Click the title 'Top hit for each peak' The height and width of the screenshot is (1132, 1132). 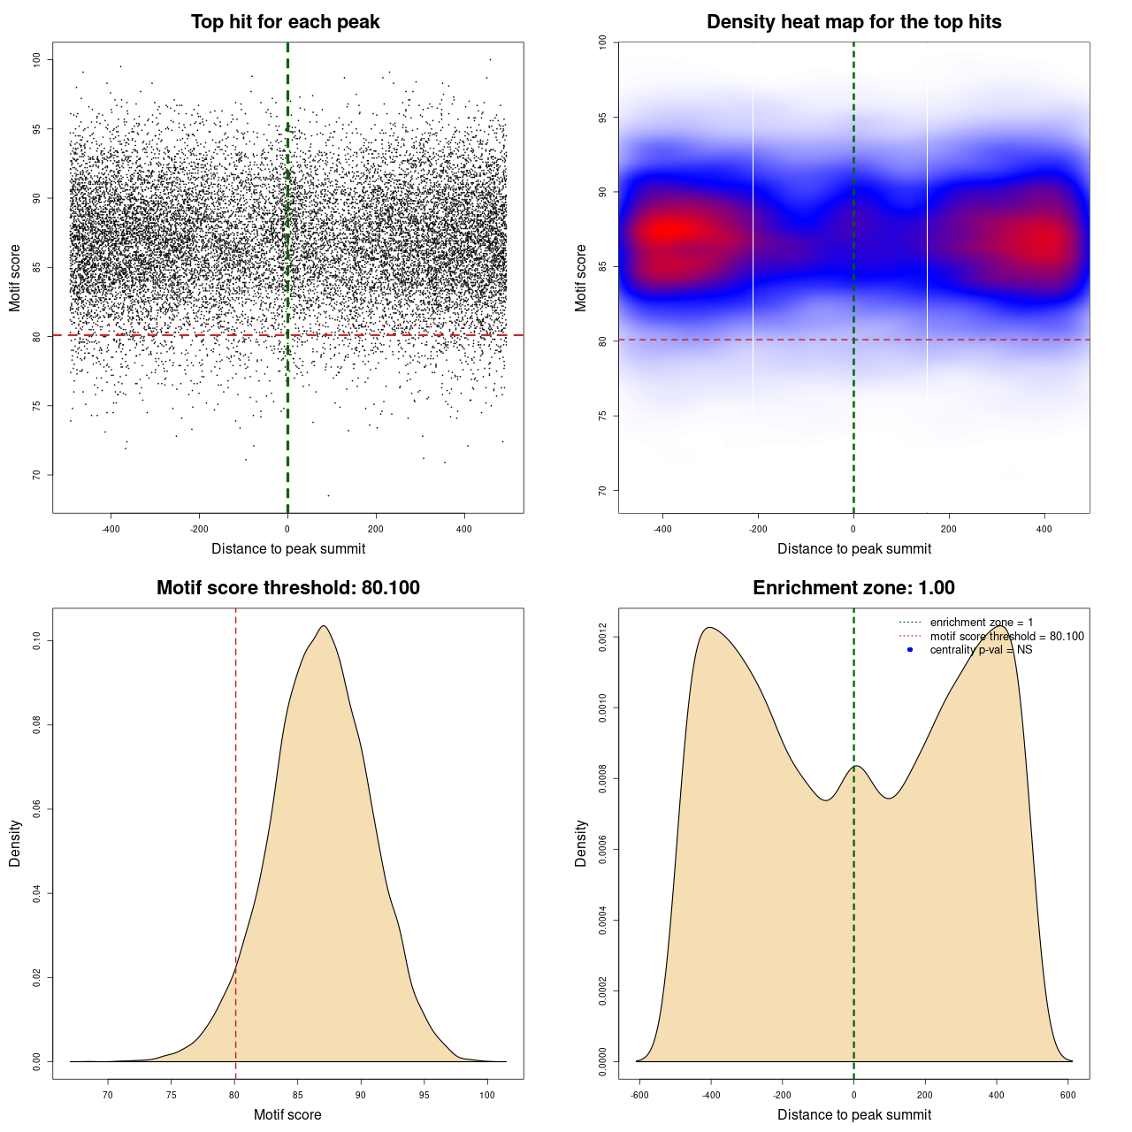[x=285, y=22]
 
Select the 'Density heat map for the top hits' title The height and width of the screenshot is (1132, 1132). [x=853, y=22]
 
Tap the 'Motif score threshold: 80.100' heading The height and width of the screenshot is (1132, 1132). [x=287, y=588]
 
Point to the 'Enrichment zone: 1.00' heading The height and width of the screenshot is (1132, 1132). [x=853, y=588]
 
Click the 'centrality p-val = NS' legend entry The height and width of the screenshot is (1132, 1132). [x=981, y=650]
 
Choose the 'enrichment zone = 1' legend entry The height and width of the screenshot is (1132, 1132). [x=981, y=623]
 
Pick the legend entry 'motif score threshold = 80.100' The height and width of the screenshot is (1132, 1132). [x=1006, y=637]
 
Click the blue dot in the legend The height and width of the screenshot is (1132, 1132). [x=910, y=650]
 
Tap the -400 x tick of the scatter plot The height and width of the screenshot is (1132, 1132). [x=111, y=530]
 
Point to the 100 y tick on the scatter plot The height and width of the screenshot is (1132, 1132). [x=36, y=59]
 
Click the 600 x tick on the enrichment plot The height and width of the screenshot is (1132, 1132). [x=1067, y=1096]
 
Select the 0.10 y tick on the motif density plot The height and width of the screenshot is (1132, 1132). [x=36, y=640]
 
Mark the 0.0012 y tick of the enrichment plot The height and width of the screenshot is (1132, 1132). [x=602, y=638]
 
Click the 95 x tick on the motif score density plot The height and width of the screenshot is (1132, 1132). [x=424, y=1096]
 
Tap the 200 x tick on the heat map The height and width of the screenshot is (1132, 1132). [x=949, y=530]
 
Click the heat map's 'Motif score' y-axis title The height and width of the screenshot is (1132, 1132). [x=581, y=278]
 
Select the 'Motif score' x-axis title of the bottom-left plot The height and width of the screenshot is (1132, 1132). [x=287, y=1115]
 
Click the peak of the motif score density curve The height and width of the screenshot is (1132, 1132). [x=324, y=626]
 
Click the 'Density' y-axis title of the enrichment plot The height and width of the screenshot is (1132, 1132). [x=581, y=843]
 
